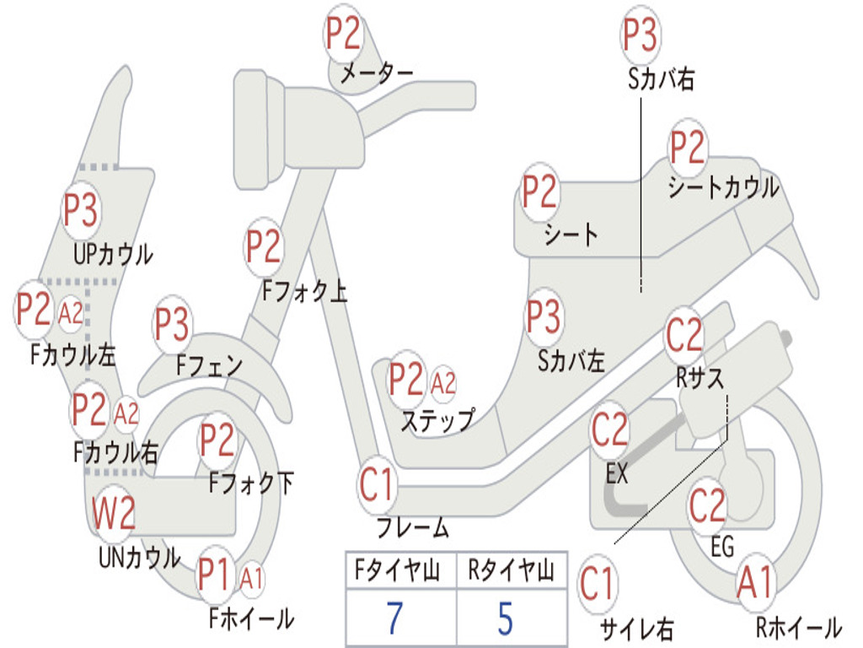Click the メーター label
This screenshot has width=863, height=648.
377,73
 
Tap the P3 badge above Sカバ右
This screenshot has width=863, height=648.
641,35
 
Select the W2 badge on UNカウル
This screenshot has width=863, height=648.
114,512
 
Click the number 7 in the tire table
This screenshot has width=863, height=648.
394,618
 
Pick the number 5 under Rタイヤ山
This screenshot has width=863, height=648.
506,618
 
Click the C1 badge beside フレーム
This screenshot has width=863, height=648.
377,484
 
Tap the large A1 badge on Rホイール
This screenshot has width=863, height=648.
755,582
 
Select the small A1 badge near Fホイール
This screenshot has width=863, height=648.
251,579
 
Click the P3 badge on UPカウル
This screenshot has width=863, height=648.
81,209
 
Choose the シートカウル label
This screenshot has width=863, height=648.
723,187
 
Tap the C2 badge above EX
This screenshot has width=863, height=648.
610,429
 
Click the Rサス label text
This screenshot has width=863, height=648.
700,378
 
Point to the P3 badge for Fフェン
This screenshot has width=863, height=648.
173,324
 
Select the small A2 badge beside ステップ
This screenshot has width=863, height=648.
443,382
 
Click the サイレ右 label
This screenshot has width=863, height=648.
637,629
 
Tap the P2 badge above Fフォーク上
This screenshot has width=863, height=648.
264,246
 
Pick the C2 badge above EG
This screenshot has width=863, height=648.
707,505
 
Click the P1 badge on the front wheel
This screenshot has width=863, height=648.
214,575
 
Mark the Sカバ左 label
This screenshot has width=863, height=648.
571,361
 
